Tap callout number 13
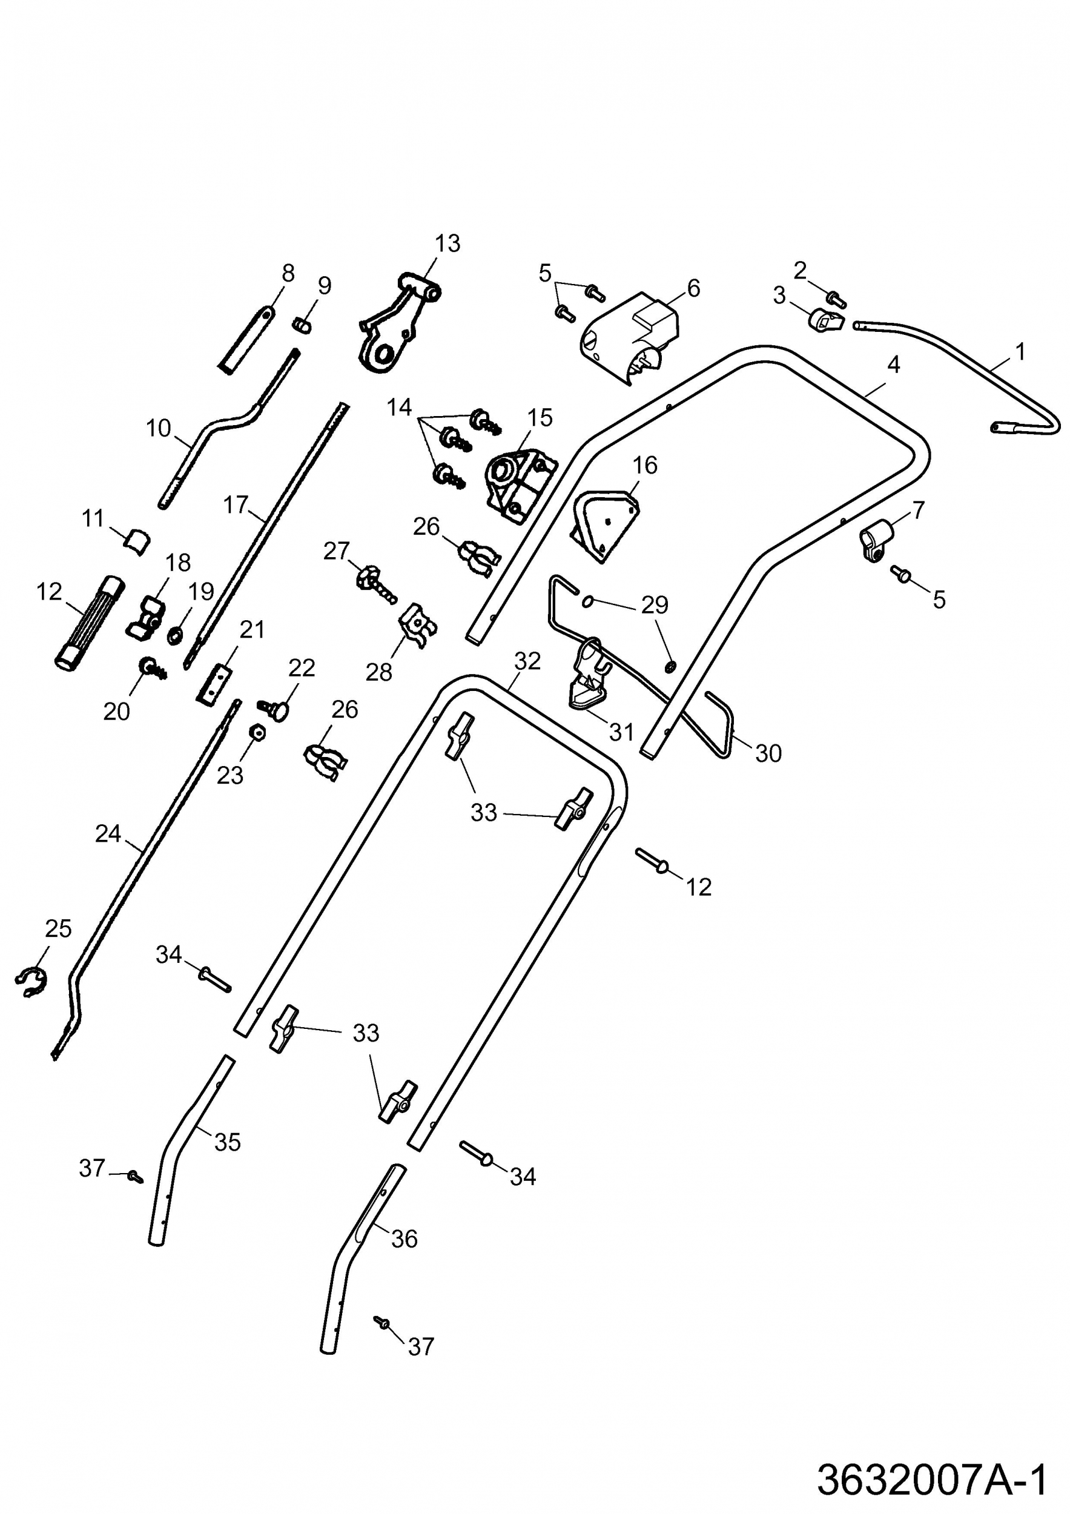tap(447, 243)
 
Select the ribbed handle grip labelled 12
tap(88, 623)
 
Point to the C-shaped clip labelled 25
tap(31, 981)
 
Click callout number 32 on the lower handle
tap(527, 661)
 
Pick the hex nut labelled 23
tap(258, 732)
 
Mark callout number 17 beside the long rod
tap(235, 505)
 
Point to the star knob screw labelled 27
tap(373, 581)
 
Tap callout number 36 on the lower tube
tap(404, 1238)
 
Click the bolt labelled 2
tap(837, 299)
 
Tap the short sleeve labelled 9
tap(303, 325)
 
